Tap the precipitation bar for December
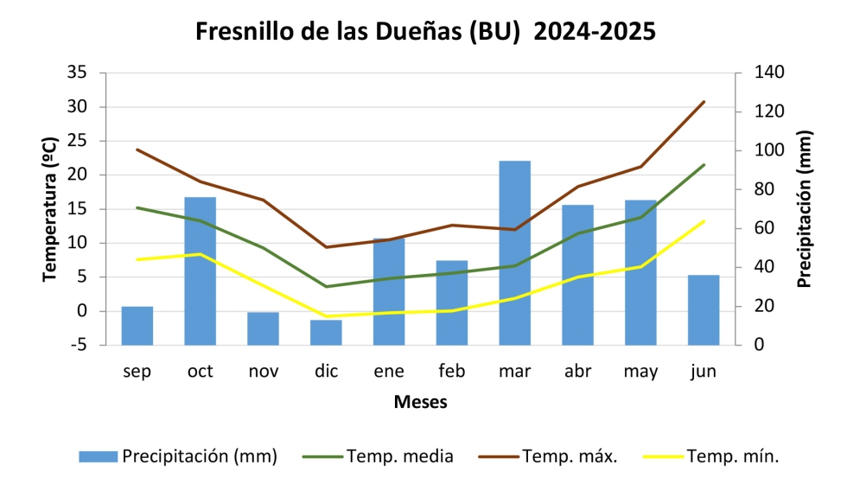pyautogui.click(x=326, y=333)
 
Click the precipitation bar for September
pyautogui.click(x=137, y=326)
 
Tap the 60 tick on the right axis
pyautogui.click(x=763, y=228)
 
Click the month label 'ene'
pyautogui.click(x=389, y=372)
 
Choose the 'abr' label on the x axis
pyautogui.click(x=577, y=372)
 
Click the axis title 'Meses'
pyautogui.click(x=420, y=403)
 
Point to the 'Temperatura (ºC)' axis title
pyautogui.click(x=50, y=208)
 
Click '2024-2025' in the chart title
pyautogui.click(x=595, y=31)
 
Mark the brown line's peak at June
pyautogui.click(x=704, y=102)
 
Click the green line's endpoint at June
pyautogui.click(x=704, y=165)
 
